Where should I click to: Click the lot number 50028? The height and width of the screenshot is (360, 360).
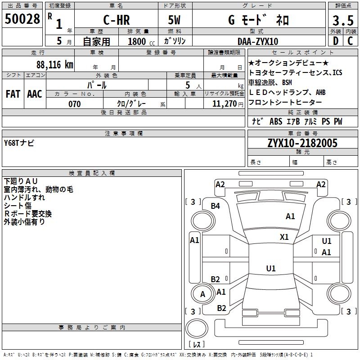22,19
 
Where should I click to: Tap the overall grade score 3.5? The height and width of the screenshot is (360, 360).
343,21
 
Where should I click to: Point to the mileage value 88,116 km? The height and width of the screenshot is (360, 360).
54,64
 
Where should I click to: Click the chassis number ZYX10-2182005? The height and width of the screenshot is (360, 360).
302,143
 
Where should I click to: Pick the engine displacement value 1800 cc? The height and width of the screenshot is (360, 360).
140,41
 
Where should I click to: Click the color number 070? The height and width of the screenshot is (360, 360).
74,104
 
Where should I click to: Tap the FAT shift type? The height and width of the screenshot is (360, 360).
13,94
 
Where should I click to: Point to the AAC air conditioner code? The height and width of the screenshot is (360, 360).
35,94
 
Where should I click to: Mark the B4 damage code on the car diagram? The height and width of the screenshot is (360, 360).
216,206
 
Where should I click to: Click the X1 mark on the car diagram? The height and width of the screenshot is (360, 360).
284,237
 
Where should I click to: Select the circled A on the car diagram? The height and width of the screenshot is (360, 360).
202,294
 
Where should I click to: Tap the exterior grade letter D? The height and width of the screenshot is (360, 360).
335,41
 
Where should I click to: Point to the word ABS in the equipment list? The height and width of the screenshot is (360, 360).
275,121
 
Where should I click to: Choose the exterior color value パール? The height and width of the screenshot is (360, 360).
97,85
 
